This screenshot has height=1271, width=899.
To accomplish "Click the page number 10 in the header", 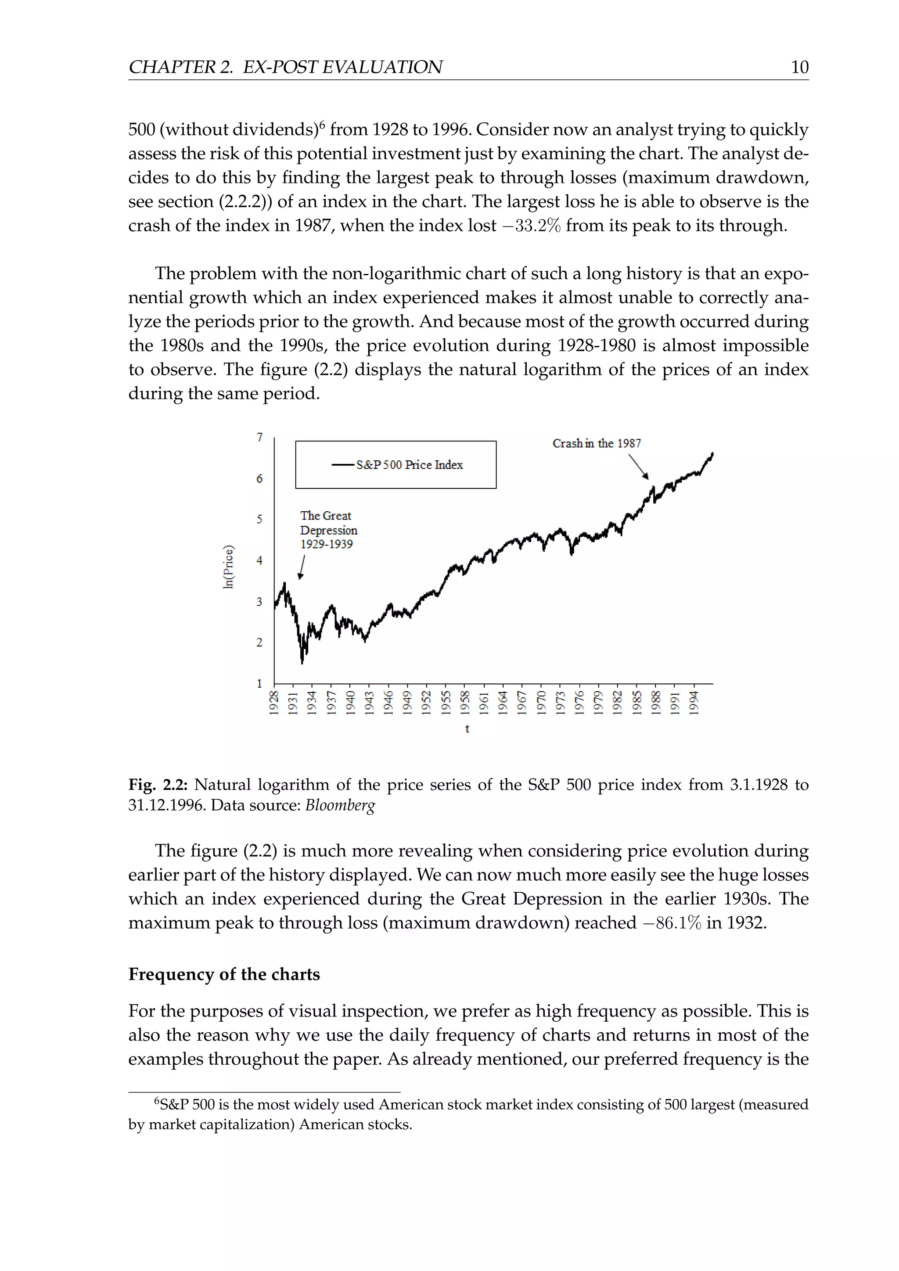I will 799,67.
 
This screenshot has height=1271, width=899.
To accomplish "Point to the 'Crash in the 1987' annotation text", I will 596,443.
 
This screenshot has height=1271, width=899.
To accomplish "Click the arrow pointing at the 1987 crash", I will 638,467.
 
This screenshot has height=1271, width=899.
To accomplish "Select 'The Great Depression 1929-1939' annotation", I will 328,530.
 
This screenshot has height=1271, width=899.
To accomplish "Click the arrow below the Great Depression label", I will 302,567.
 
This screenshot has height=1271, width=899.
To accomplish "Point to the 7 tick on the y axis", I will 259,437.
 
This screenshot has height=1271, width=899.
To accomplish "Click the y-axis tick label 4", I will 259,560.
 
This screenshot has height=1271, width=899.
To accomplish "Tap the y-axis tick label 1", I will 259,684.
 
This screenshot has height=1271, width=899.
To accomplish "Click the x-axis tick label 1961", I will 484,703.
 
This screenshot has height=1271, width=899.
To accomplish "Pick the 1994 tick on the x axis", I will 694,703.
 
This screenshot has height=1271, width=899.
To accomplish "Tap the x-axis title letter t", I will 467,729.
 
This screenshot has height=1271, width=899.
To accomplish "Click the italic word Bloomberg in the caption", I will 340,805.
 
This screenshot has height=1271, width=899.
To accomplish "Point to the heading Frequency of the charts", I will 224,974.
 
